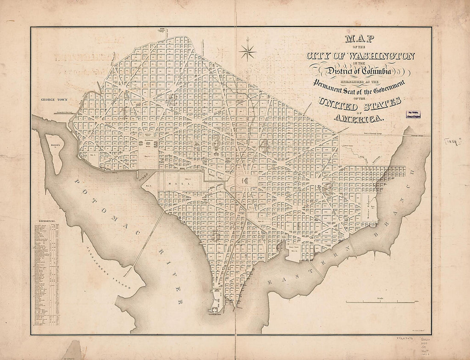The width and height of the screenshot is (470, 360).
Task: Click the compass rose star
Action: (247, 51)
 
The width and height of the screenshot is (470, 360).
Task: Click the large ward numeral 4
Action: (266, 146)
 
